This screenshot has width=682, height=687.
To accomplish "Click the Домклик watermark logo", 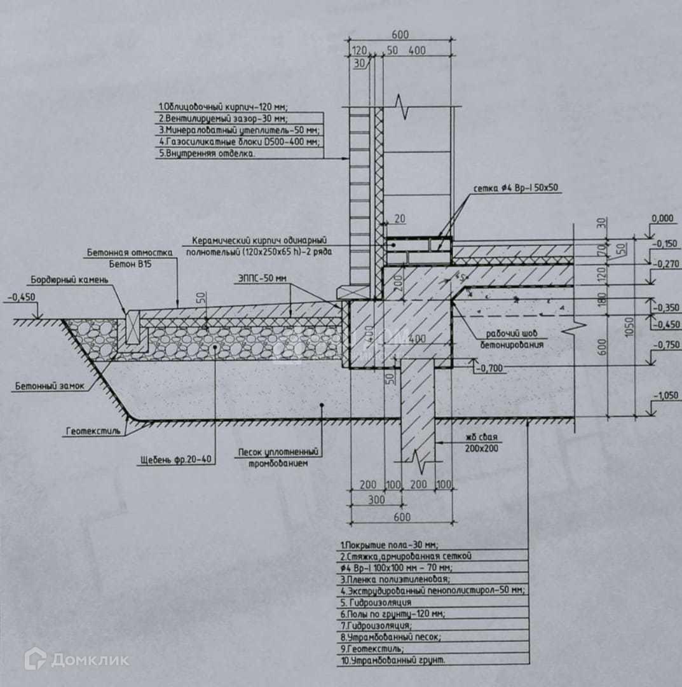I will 76,659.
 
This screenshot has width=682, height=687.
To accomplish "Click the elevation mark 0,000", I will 662,219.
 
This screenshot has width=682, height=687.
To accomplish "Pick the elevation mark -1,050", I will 664,395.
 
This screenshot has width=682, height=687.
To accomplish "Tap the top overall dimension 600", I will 400,34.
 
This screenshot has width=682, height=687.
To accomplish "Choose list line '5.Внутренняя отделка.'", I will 208,153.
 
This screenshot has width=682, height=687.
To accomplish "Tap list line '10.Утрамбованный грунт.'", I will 392,660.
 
